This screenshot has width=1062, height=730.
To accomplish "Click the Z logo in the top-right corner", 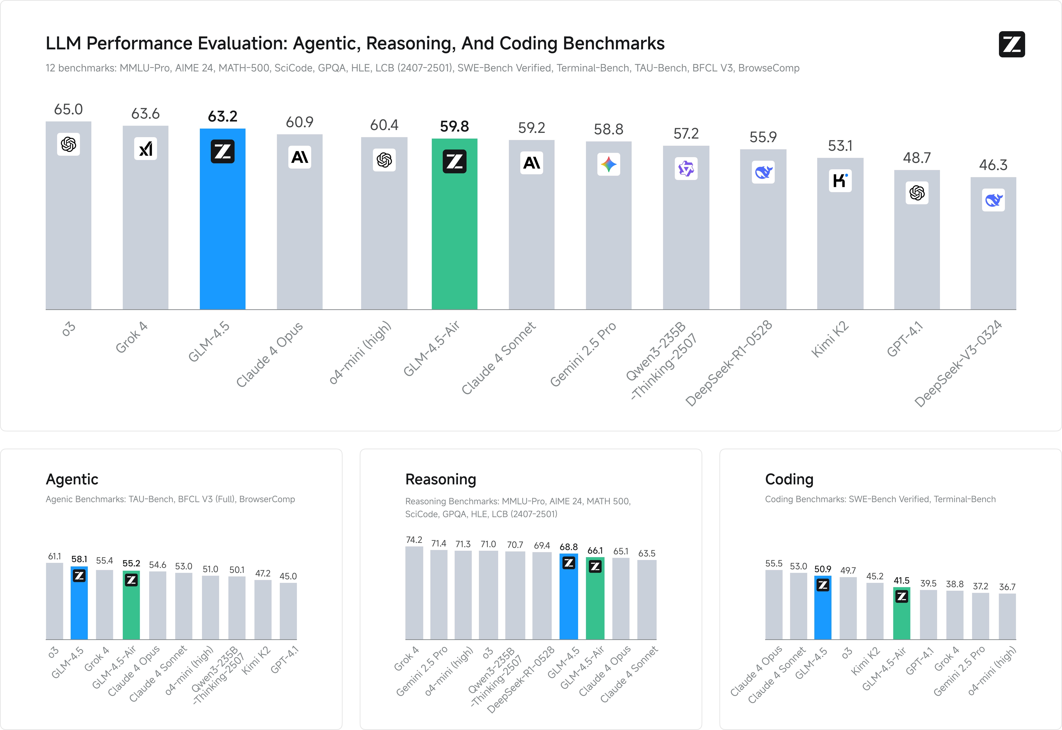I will tap(1012, 44).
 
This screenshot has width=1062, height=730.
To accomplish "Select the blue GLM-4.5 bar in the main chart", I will tap(222, 229).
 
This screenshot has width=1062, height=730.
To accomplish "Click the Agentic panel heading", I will tap(72, 479).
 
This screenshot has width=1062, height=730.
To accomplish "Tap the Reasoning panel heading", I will tap(441, 479).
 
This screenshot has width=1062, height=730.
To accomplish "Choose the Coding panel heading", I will tap(789, 479).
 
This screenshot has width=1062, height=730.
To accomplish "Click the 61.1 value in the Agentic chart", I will tap(54, 556).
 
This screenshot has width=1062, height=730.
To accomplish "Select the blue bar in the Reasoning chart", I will tap(569, 604).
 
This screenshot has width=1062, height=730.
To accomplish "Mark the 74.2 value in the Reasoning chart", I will tap(414, 540).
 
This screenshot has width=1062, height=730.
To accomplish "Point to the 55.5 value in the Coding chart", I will tap(774, 564).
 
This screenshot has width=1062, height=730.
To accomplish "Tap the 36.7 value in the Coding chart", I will tap(1007, 587).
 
